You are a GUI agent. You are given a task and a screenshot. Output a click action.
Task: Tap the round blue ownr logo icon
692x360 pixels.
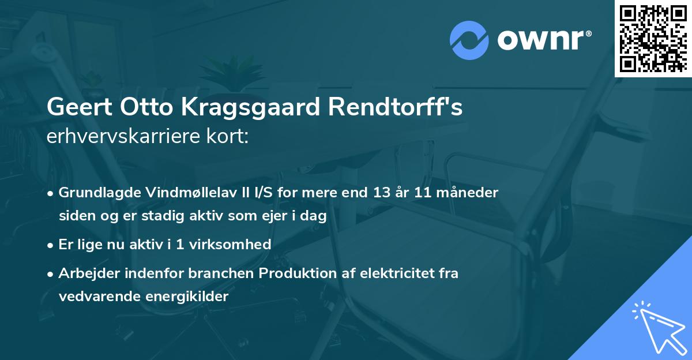pyautogui.click(x=469, y=40)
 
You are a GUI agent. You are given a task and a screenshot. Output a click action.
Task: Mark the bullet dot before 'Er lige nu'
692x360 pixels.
pyautogui.click(x=51, y=245)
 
